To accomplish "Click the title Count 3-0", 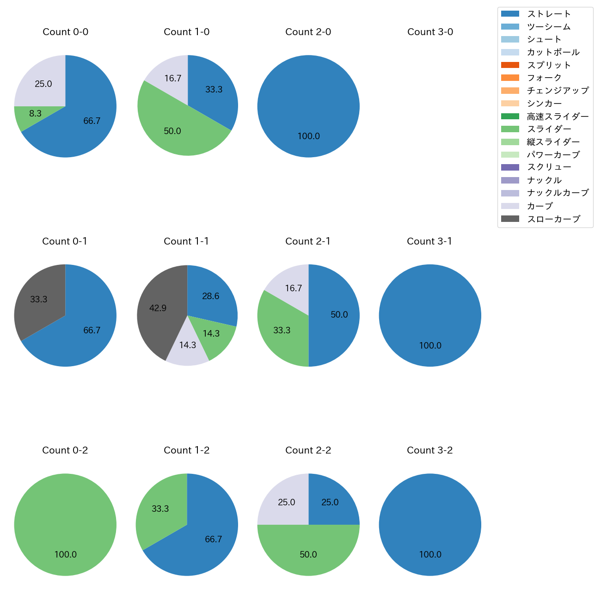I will point(430,32).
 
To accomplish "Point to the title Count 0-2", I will point(65,450).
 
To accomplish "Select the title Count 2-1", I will point(308,241).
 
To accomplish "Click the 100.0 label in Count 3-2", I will point(430,554).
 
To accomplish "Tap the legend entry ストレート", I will point(549,14).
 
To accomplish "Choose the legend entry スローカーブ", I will point(553,219).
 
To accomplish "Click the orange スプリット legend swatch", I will point(510,65).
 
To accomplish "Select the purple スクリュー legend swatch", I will point(510,167).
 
